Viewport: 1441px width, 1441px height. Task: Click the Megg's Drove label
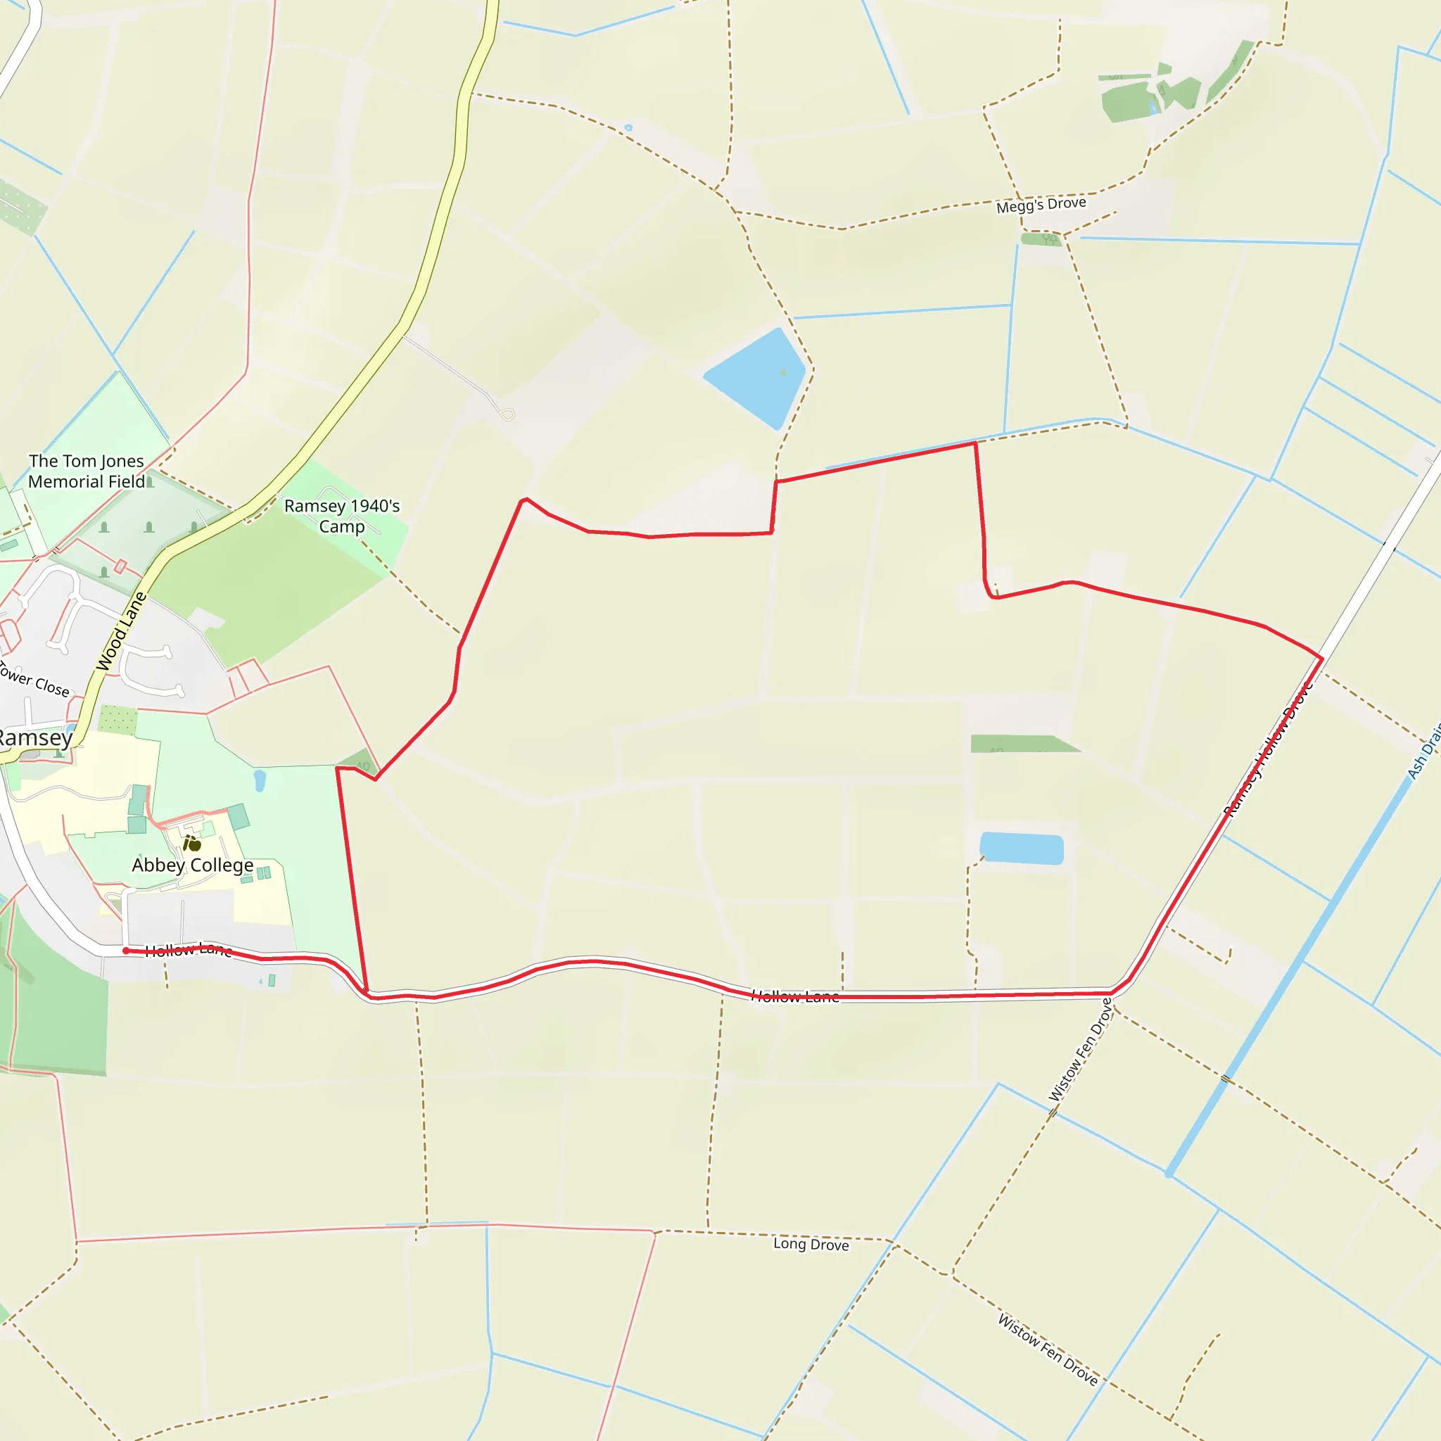1041,204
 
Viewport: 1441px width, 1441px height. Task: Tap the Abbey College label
192,865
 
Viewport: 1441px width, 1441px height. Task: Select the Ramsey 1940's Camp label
341,516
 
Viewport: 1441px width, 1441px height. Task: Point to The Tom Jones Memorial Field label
87,471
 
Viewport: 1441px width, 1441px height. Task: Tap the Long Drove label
811,1244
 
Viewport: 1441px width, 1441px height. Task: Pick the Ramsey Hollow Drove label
1268,749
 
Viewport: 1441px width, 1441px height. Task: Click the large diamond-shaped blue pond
757,376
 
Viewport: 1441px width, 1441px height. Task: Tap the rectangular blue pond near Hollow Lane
1021,849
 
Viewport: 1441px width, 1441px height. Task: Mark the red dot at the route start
126,950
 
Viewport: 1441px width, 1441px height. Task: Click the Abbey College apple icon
192,844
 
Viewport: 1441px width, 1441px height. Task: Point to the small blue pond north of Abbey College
260,780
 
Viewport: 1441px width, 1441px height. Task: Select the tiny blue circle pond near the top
628,128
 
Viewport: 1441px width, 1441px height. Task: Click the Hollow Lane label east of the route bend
794,996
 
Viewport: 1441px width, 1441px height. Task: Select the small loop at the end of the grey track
507,414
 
